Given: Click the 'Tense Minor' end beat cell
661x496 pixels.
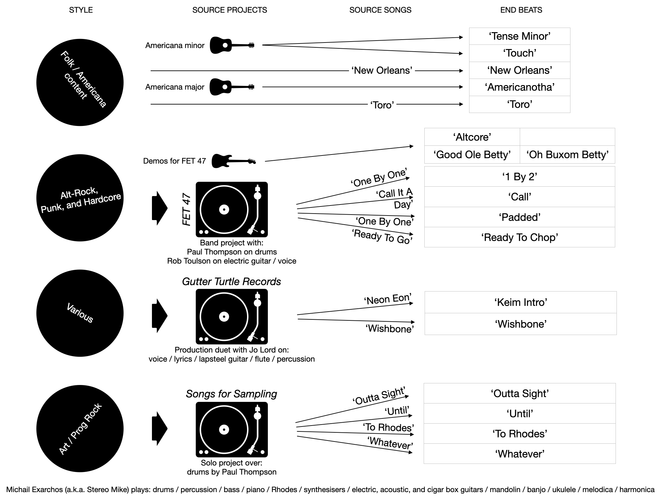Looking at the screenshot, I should click(x=519, y=36).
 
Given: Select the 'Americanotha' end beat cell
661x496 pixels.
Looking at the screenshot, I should click(x=519, y=87).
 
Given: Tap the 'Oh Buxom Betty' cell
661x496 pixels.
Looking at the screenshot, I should click(x=567, y=155).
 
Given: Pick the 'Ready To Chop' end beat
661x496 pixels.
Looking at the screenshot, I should click(x=519, y=237).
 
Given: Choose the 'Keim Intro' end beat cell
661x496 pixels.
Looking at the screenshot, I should click(x=520, y=302).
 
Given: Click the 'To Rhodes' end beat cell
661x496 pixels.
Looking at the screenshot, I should click(x=519, y=434).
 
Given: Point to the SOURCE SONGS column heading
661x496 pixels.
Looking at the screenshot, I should click(x=380, y=10).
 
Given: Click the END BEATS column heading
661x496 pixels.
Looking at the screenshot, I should click(x=521, y=10).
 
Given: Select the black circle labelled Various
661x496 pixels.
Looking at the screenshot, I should click(x=80, y=313).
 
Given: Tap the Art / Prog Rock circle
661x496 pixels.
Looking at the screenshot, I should click(x=80, y=428).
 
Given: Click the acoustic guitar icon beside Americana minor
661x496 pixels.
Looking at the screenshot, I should click(x=232, y=45).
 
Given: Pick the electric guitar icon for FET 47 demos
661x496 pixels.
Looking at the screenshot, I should click(x=233, y=161).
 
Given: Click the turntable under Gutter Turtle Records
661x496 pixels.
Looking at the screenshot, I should click(x=232, y=316).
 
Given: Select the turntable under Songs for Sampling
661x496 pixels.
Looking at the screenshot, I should click(x=232, y=429).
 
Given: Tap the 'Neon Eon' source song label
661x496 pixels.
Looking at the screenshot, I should click(x=388, y=299).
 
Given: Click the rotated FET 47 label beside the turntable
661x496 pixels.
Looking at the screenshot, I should click(x=187, y=209).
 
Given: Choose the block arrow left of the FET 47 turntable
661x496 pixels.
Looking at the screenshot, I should click(x=159, y=208).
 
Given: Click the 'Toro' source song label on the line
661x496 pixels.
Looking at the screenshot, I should click(x=382, y=105).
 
